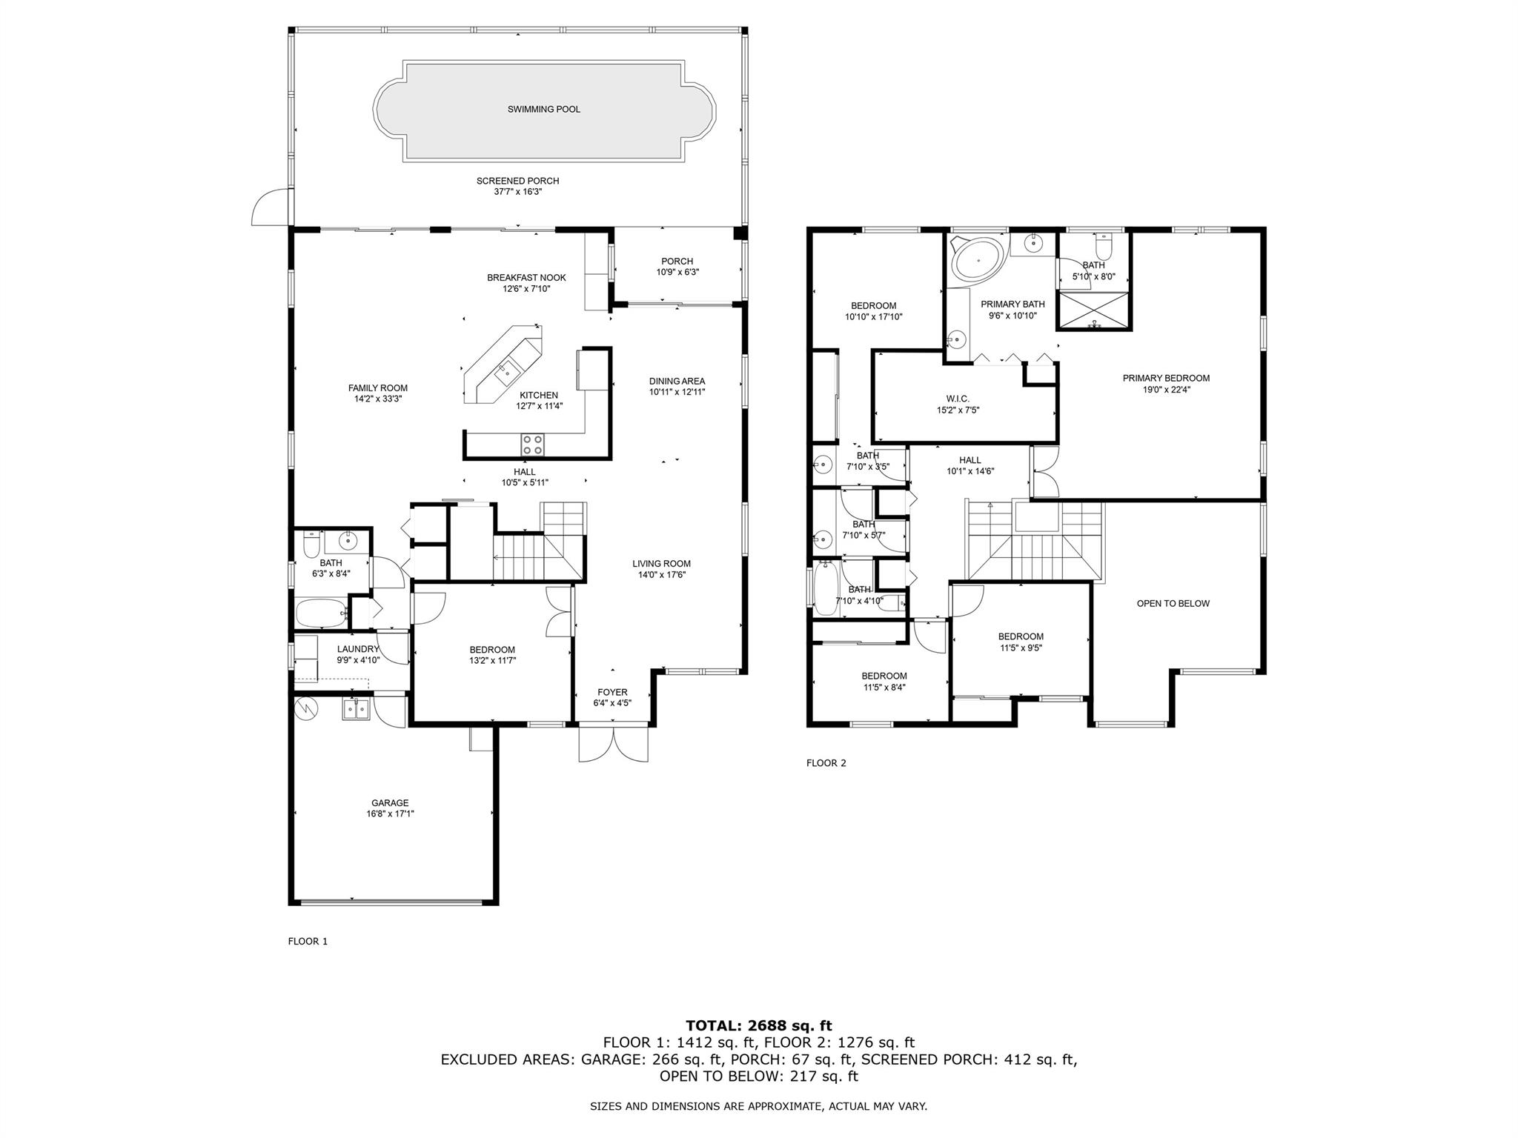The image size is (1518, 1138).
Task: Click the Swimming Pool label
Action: [x=543, y=110]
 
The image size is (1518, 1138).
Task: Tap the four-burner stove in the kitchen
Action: [x=532, y=445]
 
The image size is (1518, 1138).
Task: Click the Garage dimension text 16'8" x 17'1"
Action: [x=390, y=813]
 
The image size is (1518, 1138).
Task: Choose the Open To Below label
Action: [x=1173, y=604]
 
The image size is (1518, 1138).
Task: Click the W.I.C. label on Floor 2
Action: [x=958, y=399]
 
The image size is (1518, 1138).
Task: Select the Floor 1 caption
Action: [x=308, y=942]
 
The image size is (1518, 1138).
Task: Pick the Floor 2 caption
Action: [x=826, y=763]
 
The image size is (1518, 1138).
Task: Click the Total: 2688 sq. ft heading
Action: [x=758, y=1026]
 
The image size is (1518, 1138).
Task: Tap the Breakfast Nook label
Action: [x=526, y=278]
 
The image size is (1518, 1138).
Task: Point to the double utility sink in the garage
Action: [x=356, y=709]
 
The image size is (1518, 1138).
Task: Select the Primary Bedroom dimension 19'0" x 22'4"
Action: [x=1166, y=390]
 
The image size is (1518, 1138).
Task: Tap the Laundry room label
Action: [x=358, y=649]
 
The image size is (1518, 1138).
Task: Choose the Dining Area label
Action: [x=677, y=382]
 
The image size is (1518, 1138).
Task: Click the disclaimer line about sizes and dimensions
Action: [x=758, y=1107]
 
